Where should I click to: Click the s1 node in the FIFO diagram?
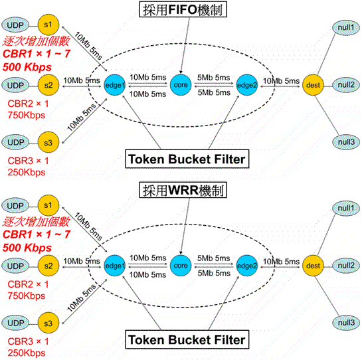click(x=48, y=25)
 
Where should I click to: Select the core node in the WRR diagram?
click(x=181, y=266)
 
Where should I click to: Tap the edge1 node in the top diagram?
click(x=115, y=85)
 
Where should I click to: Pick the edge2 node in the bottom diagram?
click(x=247, y=266)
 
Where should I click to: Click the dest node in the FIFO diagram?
click(x=313, y=85)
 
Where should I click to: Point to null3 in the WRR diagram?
click(x=346, y=322)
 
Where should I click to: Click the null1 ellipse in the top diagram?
click(x=346, y=27)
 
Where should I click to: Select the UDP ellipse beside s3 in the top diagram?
click(x=15, y=142)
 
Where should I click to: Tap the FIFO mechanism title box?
click(x=183, y=9)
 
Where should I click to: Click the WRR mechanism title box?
click(x=183, y=190)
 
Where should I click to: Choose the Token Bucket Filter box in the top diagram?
click(x=187, y=159)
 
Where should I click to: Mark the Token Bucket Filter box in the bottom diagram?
click(x=187, y=339)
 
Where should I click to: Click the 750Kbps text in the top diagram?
click(x=27, y=115)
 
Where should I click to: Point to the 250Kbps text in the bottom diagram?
click(x=27, y=353)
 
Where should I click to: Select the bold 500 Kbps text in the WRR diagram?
click(x=27, y=248)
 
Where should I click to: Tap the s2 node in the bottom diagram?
click(x=48, y=266)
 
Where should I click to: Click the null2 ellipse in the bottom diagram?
click(x=346, y=265)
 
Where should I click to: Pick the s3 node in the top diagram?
click(x=48, y=142)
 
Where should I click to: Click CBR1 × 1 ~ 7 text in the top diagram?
click(x=37, y=54)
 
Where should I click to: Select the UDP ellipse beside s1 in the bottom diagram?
click(x=15, y=205)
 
